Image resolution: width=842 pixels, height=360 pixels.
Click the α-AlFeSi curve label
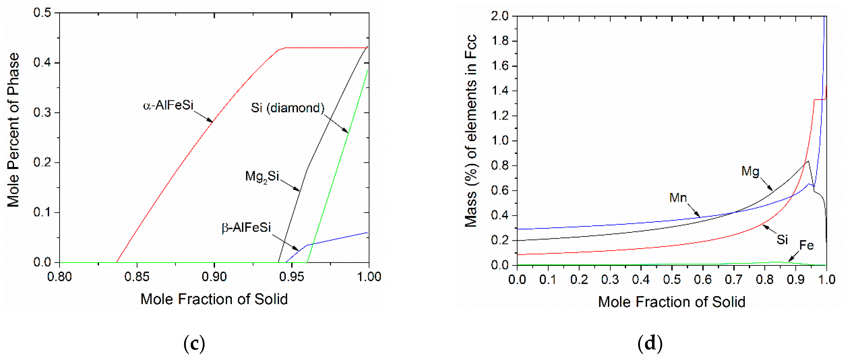coord(168,106)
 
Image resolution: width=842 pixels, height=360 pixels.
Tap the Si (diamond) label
coord(287,108)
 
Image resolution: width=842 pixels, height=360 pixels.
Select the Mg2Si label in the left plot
coord(262,177)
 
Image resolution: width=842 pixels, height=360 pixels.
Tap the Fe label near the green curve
coord(806,245)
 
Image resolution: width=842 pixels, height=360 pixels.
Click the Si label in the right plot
coord(782,240)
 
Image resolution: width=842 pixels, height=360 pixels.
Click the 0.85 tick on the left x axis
coord(137,277)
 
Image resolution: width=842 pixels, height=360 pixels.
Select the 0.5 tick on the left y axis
coord(43,13)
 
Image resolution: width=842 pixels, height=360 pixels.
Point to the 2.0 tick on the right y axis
coord(500,16)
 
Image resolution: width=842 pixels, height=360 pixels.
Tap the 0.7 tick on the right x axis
coord(733,280)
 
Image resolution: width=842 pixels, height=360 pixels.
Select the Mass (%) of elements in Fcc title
coord(471,131)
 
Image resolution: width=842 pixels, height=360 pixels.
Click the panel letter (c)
coord(194,344)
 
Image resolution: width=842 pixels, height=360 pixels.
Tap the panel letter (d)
coord(650,344)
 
